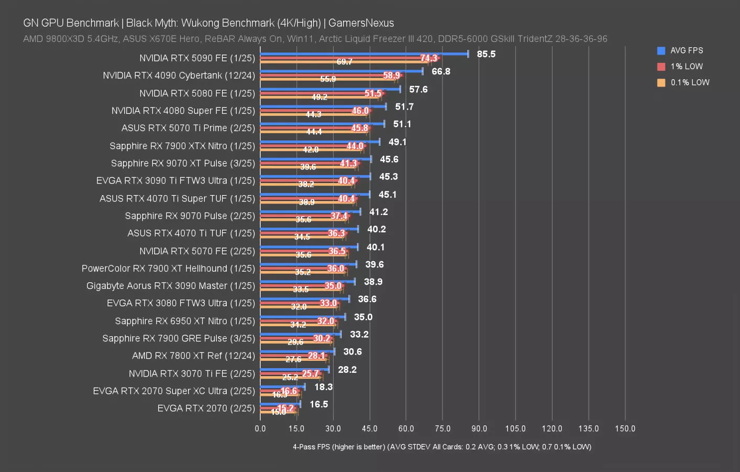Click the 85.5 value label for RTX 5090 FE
(x=486, y=54)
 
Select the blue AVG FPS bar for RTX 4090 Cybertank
(x=340, y=71)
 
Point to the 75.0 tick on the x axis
(x=443, y=428)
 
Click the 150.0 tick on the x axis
(x=625, y=428)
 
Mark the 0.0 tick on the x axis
(x=260, y=428)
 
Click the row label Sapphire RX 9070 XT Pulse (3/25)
(x=183, y=163)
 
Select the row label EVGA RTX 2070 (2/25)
(x=206, y=408)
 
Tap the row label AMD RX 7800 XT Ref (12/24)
(x=193, y=356)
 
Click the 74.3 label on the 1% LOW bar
(x=428, y=58)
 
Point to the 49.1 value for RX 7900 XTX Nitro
(x=397, y=142)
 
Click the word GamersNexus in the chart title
(x=361, y=23)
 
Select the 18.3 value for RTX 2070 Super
(x=323, y=387)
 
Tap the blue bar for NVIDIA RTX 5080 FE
(x=330, y=89)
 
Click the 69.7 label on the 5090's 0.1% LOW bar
(x=344, y=62)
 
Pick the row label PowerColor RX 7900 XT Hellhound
(x=168, y=268)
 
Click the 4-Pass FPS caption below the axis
(x=441, y=447)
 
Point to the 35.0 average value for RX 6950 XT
(x=363, y=317)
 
